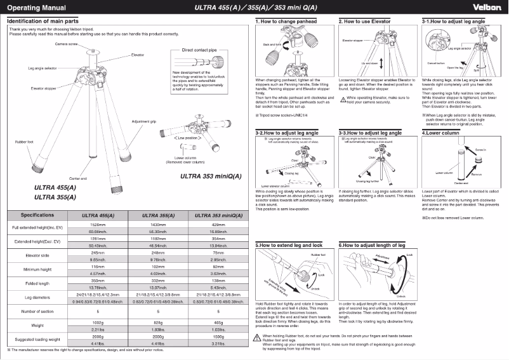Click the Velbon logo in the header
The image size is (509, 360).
click(x=486, y=7)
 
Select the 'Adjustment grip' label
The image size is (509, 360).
click(x=144, y=121)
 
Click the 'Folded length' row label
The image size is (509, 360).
click(x=37, y=283)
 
